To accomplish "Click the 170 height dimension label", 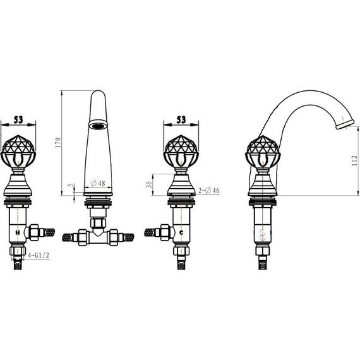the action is [58, 142].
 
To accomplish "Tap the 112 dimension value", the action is [354, 160].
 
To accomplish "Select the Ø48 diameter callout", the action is [98, 183].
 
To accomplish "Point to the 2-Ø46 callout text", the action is [209, 190].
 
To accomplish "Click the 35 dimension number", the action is [149, 184].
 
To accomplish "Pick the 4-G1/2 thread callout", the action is [39, 255].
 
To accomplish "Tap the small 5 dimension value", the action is [71, 185].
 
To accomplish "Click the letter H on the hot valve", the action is [18, 232].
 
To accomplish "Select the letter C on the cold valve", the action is [181, 232].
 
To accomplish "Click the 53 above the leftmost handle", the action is [18, 119].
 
